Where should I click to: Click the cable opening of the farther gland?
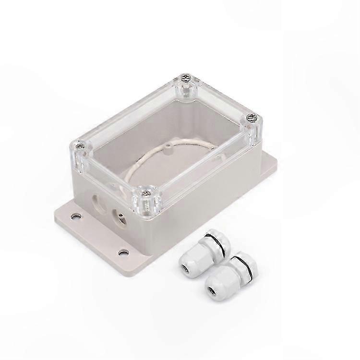[x=184, y=266]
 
